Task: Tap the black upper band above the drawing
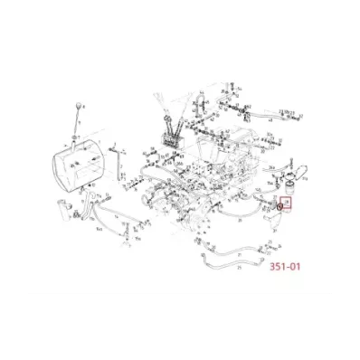point(180,32)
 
